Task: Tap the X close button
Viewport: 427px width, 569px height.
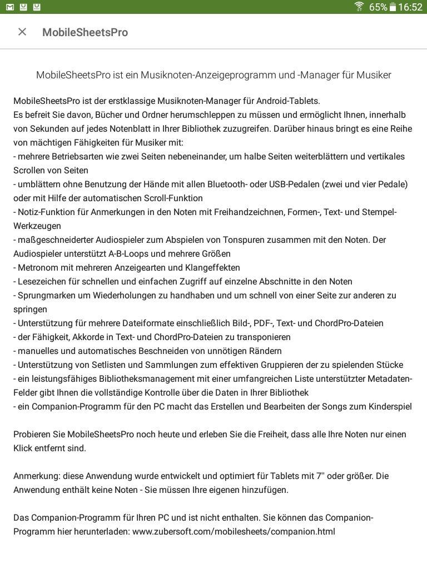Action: pyautogui.click(x=22, y=32)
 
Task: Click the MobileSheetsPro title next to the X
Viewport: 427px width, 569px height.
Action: pyautogui.click(x=85, y=32)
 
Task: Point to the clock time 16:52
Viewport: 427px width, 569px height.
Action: pyautogui.click(x=410, y=7)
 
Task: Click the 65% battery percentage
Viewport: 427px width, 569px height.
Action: pyautogui.click(x=378, y=7)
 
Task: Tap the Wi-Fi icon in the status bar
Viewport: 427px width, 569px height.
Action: pyautogui.click(x=359, y=7)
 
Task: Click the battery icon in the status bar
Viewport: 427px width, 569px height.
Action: pyautogui.click(x=393, y=7)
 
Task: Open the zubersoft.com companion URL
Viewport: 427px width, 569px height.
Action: pyautogui.click(x=234, y=531)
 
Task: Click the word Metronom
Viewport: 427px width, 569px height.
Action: pyautogui.click(x=39, y=267)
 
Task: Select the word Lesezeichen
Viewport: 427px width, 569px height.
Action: pyautogui.click(x=43, y=281)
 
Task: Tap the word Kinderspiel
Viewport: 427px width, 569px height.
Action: pyautogui.click(x=390, y=406)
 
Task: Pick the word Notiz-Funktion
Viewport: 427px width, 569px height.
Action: pyautogui.click(x=46, y=212)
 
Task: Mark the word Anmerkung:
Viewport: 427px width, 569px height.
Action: pyautogui.click(x=37, y=476)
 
